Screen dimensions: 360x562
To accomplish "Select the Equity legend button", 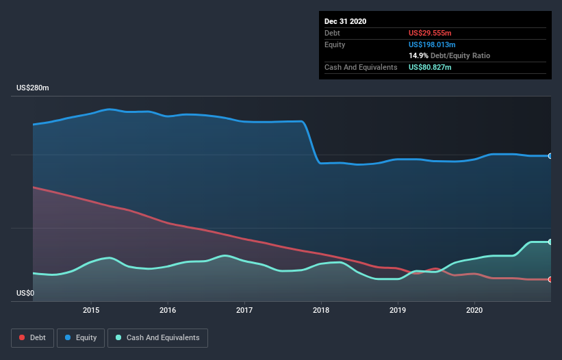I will [x=81, y=337].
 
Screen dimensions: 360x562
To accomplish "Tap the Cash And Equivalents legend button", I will [x=157, y=337].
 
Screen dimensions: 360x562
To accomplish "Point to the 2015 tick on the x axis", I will [x=91, y=310].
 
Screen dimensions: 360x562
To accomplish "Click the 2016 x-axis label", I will [x=168, y=310].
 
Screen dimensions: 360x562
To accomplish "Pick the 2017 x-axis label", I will [x=244, y=310].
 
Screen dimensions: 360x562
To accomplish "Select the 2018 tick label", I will [x=320, y=310].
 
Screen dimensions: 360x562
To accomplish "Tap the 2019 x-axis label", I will [x=398, y=310].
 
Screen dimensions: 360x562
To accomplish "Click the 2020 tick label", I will [x=474, y=310].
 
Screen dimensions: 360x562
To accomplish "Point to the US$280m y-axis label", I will [x=33, y=88].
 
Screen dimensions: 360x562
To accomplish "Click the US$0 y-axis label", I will [x=25, y=293].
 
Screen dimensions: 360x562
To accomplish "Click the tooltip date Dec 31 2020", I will [x=346, y=21].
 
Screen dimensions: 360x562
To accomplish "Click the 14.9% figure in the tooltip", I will [x=418, y=55].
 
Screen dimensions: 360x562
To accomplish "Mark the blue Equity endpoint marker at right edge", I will [x=550, y=156].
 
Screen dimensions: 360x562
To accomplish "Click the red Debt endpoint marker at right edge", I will [x=550, y=279].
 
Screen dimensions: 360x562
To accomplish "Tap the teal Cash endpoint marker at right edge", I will [x=550, y=242].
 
